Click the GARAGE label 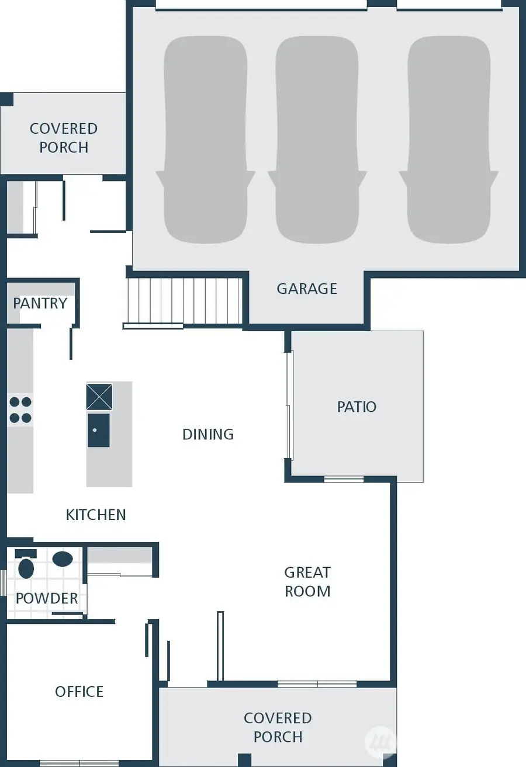click(x=307, y=289)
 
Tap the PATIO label click(x=357, y=407)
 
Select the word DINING click(x=208, y=434)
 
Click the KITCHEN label click(x=96, y=515)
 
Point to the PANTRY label click(x=40, y=303)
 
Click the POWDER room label click(x=47, y=598)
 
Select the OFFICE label click(x=79, y=692)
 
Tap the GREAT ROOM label click(x=307, y=582)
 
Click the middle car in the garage click(x=317, y=140)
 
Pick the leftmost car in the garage click(x=205, y=140)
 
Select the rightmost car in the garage click(x=449, y=140)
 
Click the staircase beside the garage click(x=184, y=301)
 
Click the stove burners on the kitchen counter click(x=20, y=409)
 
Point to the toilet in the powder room click(x=26, y=565)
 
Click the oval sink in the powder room click(x=63, y=559)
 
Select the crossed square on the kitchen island click(x=99, y=397)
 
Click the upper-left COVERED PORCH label click(x=64, y=138)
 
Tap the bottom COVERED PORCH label click(x=278, y=727)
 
